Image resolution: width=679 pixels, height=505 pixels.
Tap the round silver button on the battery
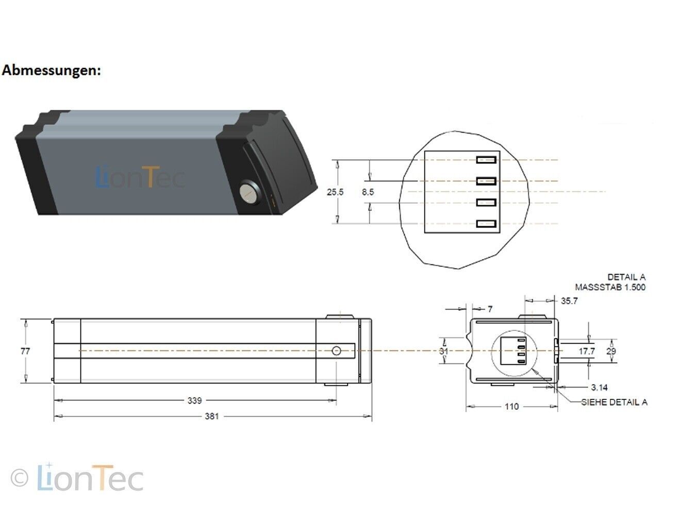click(249, 194)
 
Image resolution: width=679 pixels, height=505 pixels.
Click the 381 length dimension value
click(211, 416)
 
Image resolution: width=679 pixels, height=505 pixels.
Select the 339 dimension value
click(194, 400)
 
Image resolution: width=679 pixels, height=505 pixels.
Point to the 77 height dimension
click(25, 351)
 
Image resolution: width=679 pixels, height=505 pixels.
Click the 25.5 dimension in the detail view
click(335, 192)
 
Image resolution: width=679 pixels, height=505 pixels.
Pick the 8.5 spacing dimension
click(368, 192)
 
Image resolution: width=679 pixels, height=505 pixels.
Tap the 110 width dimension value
click(511, 407)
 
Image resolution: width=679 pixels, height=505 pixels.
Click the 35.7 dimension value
click(569, 301)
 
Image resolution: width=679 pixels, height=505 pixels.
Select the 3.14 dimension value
click(599, 388)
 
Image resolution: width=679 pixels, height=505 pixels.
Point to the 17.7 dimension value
click(587, 351)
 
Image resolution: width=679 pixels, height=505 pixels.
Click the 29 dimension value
click(611, 351)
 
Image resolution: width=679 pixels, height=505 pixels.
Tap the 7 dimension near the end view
click(490, 309)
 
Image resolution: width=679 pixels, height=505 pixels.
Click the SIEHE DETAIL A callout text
click(614, 402)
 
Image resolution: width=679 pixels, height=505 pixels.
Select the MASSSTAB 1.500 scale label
click(610, 287)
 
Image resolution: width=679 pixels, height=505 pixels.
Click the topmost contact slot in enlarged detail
click(486, 160)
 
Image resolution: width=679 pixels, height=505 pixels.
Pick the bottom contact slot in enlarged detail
click(486, 224)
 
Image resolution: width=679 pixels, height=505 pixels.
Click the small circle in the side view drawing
click(336, 351)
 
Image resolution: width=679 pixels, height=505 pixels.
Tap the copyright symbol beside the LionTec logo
click(20, 478)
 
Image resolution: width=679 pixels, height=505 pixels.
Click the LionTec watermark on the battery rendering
click(140, 177)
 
